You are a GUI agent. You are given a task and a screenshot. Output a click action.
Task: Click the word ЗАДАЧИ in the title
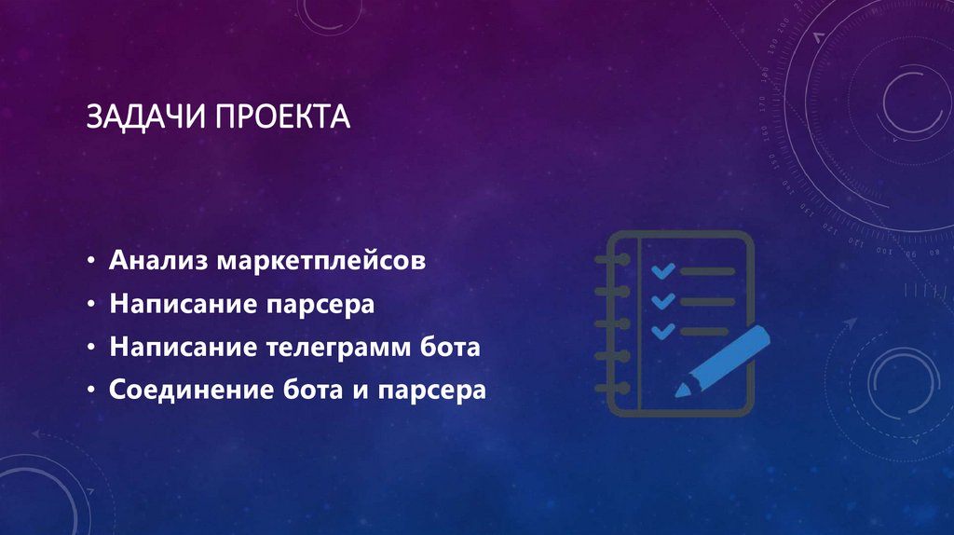click(x=146, y=118)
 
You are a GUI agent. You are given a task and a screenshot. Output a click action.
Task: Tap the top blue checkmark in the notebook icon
click(x=662, y=270)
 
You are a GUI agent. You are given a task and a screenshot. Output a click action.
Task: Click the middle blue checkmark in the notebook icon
click(x=662, y=300)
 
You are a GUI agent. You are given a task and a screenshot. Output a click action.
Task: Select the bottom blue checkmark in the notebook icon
click(x=662, y=330)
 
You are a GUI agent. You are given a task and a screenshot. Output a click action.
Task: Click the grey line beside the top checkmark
click(x=708, y=271)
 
